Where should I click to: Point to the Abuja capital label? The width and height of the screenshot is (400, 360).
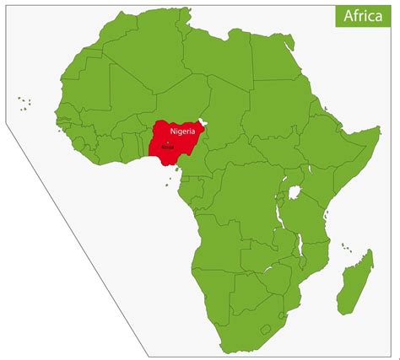[x=167, y=145]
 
